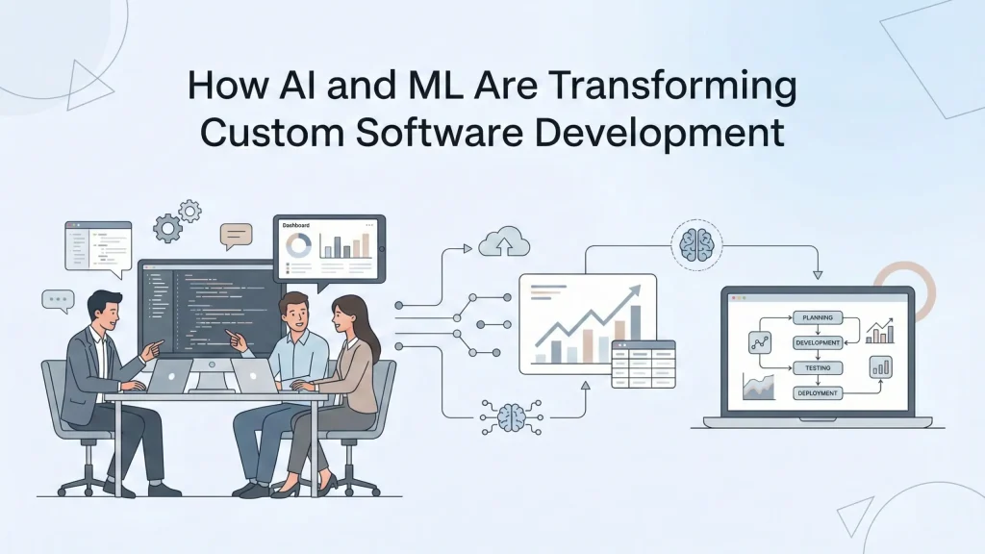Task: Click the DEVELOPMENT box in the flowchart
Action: click(x=817, y=342)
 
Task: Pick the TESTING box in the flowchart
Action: click(x=817, y=367)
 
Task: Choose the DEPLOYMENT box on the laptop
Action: click(x=817, y=393)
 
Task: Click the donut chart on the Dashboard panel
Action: click(x=299, y=245)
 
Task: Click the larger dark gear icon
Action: click(x=169, y=228)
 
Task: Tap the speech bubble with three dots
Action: click(x=58, y=300)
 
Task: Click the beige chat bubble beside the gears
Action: click(x=236, y=234)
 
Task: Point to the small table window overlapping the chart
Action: click(x=643, y=363)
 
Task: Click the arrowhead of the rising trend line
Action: click(x=636, y=290)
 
